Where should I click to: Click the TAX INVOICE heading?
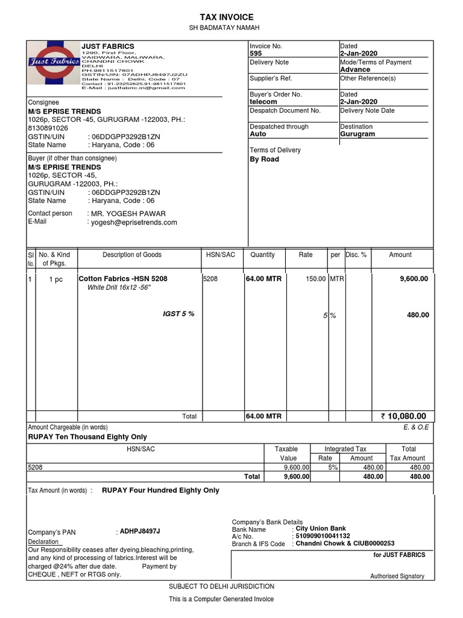coord(227,18)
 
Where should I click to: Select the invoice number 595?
coord(256,54)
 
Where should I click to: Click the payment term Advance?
coord(355,70)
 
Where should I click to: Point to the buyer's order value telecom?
coord(263,102)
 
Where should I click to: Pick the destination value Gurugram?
coord(357,134)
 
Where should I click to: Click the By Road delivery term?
coord(264,159)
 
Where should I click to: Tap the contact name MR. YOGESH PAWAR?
coord(128,214)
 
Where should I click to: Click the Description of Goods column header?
coord(132,255)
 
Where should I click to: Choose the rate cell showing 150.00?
coord(316,279)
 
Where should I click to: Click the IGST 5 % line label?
coord(179,314)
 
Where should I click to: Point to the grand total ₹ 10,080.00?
coord(403,416)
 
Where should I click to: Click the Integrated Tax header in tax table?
coord(345,449)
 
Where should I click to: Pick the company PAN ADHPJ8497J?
coord(140,531)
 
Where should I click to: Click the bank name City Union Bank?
coord(320,528)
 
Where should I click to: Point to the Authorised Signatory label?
coord(397,576)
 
